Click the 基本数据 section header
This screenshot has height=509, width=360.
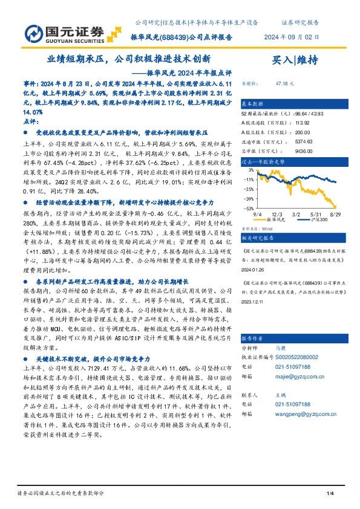pyautogui.click(x=253, y=103)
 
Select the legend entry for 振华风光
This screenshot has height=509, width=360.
pyautogui.click(x=277, y=219)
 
